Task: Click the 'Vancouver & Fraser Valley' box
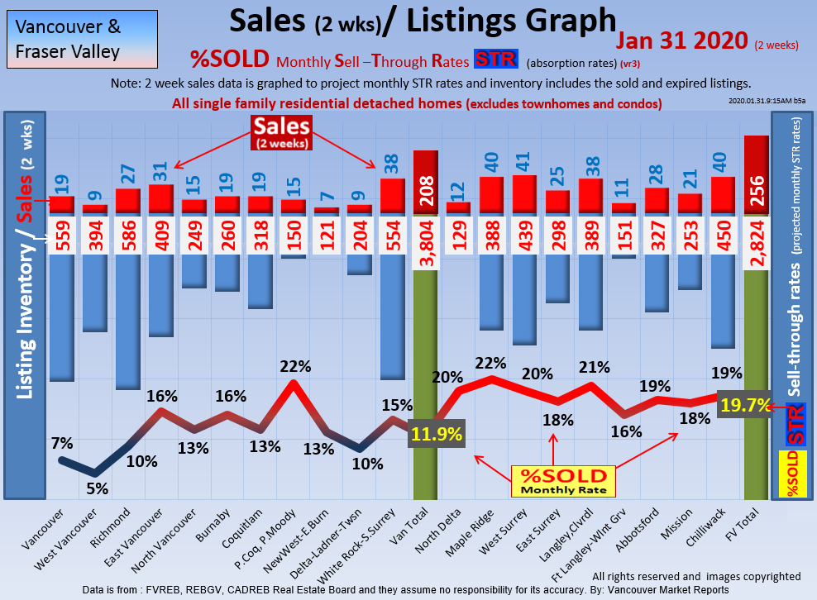[80, 40]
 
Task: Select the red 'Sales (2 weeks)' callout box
[283, 131]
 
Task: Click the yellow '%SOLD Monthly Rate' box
[563, 481]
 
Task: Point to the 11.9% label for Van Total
[436, 434]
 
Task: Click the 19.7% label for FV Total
[745, 404]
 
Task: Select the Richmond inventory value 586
[127, 236]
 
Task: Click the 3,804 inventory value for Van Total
[425, 236]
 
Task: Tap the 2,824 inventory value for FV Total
[756, 236]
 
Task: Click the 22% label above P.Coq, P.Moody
[295, 365]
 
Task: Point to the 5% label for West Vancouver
[98, 488]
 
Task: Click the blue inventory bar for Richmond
[127, 322]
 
